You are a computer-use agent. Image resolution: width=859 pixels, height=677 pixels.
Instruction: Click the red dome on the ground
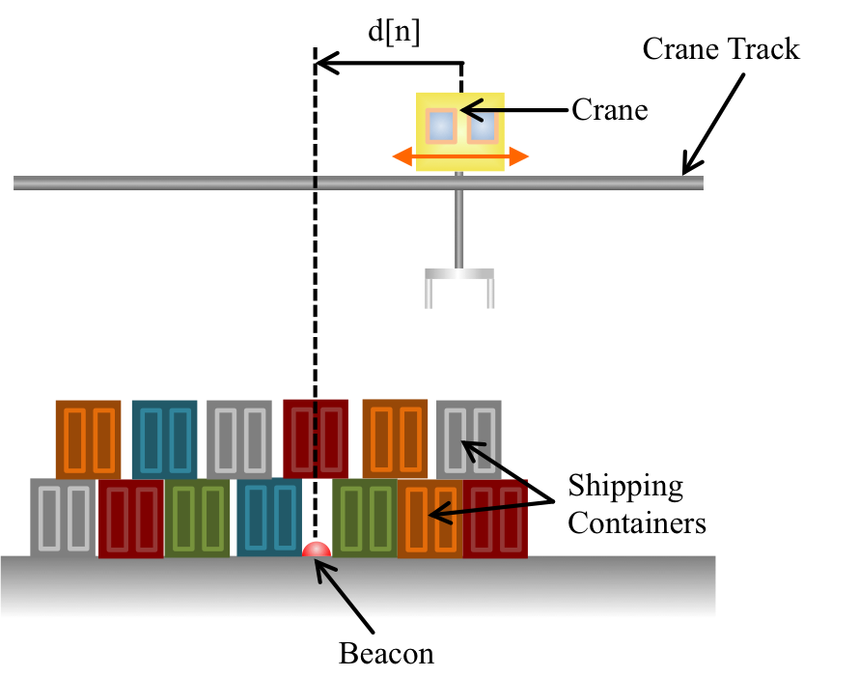coord(317,550)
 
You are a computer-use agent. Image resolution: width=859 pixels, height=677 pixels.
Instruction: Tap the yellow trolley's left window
coord(441,126)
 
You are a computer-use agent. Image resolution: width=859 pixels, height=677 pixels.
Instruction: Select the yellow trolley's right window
coord(482,127)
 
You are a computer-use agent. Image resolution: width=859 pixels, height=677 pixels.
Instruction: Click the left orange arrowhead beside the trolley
coord(402,156)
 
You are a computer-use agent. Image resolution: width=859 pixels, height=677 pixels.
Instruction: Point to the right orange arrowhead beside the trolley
coord(519,156)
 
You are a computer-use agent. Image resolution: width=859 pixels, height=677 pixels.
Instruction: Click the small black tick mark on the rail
coord(315,182)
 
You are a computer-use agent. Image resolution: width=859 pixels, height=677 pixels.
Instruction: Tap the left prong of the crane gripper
coord(429,294)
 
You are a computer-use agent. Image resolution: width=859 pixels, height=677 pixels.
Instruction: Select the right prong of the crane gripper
coord(490,294)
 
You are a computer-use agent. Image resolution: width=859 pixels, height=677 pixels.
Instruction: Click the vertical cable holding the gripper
coord(459,228)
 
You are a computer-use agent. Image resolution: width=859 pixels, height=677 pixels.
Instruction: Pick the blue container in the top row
coord(164,438)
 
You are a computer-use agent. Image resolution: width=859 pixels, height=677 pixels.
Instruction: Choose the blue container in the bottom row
coord(269,517)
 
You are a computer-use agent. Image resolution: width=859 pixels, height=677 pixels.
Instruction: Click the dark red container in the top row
coord(316,438)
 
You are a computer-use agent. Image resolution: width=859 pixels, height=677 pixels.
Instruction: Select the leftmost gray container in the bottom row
coord(63,517)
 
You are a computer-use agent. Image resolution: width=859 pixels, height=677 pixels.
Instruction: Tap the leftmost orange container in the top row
coord(88,438)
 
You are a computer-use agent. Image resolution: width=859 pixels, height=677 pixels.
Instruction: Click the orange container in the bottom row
coord(429,521)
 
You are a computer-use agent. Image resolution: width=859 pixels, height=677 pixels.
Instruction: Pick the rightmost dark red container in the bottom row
coord(495,520)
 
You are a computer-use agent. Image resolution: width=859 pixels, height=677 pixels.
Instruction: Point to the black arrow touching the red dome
coord(339,589)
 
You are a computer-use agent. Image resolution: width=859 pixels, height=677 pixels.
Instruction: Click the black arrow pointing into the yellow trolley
coord(482,110)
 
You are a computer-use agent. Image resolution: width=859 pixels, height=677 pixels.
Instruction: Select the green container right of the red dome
coord(365,518)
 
